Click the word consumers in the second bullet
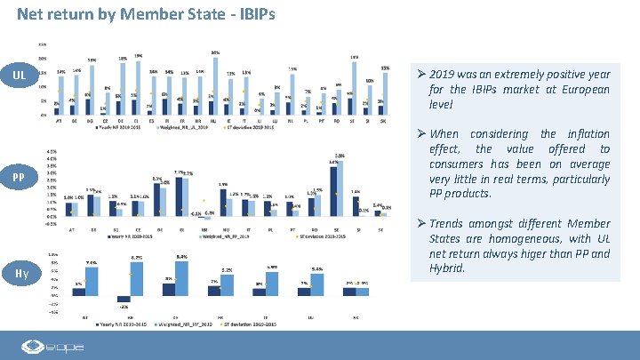point(459,164)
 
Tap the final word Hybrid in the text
point(447,268)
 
